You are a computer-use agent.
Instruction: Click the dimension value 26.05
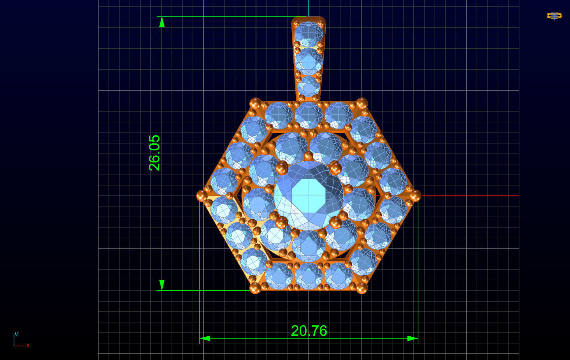[x=155, y=153]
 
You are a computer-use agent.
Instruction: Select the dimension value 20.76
[x=309, y=331]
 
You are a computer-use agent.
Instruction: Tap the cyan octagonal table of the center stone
[x=308, y=194]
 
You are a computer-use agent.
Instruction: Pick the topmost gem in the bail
[x=309, y=34]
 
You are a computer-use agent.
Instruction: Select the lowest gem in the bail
[x=309, y=86]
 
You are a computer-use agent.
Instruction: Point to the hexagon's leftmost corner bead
[x=202, y=196]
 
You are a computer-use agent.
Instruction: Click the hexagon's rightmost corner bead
[x=415, y=196]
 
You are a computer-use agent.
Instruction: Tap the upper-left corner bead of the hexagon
[x=255, y=104]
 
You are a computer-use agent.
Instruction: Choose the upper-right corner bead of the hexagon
[x=362, y=104]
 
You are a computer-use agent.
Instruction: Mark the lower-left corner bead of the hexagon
[x=255, y=288]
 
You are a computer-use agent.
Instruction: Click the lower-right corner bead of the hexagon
[x=362, y=288]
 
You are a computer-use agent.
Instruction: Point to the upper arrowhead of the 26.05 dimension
[x=162, y=22]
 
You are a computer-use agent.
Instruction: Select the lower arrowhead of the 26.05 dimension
[x=162, y=285]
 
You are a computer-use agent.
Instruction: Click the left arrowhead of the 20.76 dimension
[x=205, y=338]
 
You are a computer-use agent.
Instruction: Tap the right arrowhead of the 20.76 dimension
[x=413, y=338]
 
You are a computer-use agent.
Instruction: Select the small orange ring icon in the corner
[x=554, y=16]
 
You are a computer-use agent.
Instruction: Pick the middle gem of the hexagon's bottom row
[x=309, y=276]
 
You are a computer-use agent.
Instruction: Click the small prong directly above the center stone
[x=309, y=156]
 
